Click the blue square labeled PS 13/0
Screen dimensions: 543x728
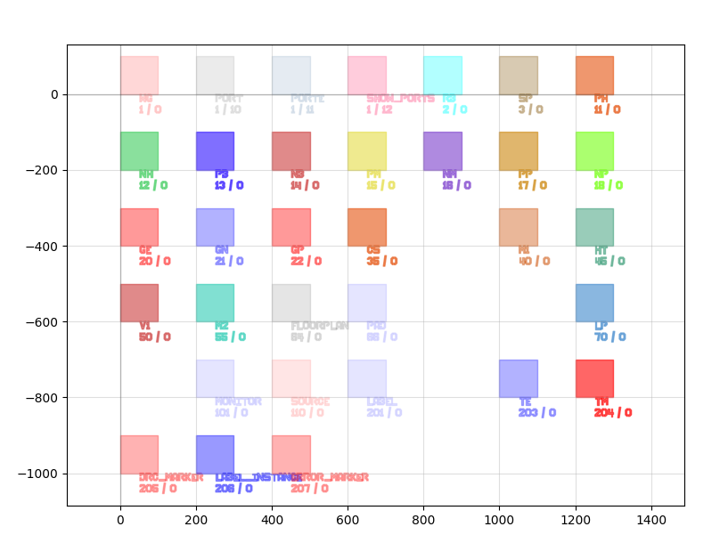click(x=215, y=151)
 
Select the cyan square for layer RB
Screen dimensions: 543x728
click(x=442, y=76)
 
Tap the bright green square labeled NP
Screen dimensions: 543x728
click(x=594, y=151)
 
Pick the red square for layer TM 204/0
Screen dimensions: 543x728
click(x=594, y=378)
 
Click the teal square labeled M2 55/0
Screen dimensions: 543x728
click(x=215, y=303)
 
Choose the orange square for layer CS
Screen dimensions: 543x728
click(x=366, y=227)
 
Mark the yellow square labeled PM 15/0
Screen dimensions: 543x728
click(x=366, y=151)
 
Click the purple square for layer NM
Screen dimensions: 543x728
click(x=442, y=151)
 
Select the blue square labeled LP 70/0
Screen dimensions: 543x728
click(x=594, y=303)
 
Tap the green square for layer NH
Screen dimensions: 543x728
click(x=139, y=151)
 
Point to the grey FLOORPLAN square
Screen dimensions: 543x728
click(x=290, y=303)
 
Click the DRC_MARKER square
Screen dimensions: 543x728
click(x=139, y=454)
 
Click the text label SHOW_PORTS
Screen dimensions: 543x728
click(x=400, y=98)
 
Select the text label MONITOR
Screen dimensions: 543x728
click(x=238, y=401)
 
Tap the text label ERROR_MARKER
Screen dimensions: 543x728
click(x=331, y=477)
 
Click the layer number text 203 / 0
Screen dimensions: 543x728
click(x=537, y=413)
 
